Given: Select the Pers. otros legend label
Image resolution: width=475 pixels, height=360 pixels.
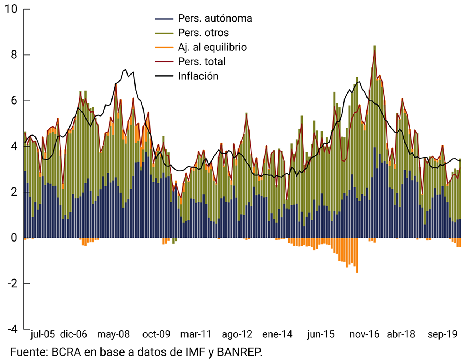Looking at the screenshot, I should pyautogui.click(x=203, y=33).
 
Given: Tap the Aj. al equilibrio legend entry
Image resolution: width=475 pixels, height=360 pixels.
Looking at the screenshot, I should pyautogui.click(x=212, y=47).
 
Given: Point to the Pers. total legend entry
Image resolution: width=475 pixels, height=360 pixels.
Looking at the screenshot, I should pyautogui.click(x=202, y=61).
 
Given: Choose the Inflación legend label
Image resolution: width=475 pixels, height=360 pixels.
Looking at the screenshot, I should pyautogui.click(x=198, y=76).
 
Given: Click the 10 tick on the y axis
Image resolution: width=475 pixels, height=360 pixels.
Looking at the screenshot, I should pyautogui.click(x=12, y=9).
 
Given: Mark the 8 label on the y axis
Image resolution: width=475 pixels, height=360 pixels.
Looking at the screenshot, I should pyautogui.click(x=14, y=55).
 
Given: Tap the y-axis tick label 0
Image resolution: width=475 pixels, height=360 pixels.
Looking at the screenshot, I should pyautogui.click(x=14, y=238).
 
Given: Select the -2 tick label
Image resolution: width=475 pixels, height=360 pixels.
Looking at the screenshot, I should pyautogui.click(x=12, y=284).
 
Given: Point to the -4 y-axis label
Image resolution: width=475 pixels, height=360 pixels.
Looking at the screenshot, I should pyautogui.click(x=12, y=329).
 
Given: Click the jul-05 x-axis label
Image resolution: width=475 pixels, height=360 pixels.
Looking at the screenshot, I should pyautogui.click(x=43, y=334).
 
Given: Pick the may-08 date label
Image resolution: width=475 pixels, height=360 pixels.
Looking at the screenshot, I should pyautogui.click(x=114, y=334).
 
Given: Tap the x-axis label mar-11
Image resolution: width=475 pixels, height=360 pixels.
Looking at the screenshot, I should pyautogui.click(x=196, y=334).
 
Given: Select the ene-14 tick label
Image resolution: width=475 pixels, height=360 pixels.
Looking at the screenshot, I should pyautogui.click(x=278, y=334).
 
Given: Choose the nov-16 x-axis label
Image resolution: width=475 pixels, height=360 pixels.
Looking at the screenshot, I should pyautogui.click(x=364, y=334).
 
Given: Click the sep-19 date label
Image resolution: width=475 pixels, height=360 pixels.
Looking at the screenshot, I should pyautogui.click(x=442, y=334).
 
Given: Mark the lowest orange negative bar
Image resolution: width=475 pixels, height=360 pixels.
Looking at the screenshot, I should pyautogui.click(x=357, y=271).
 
